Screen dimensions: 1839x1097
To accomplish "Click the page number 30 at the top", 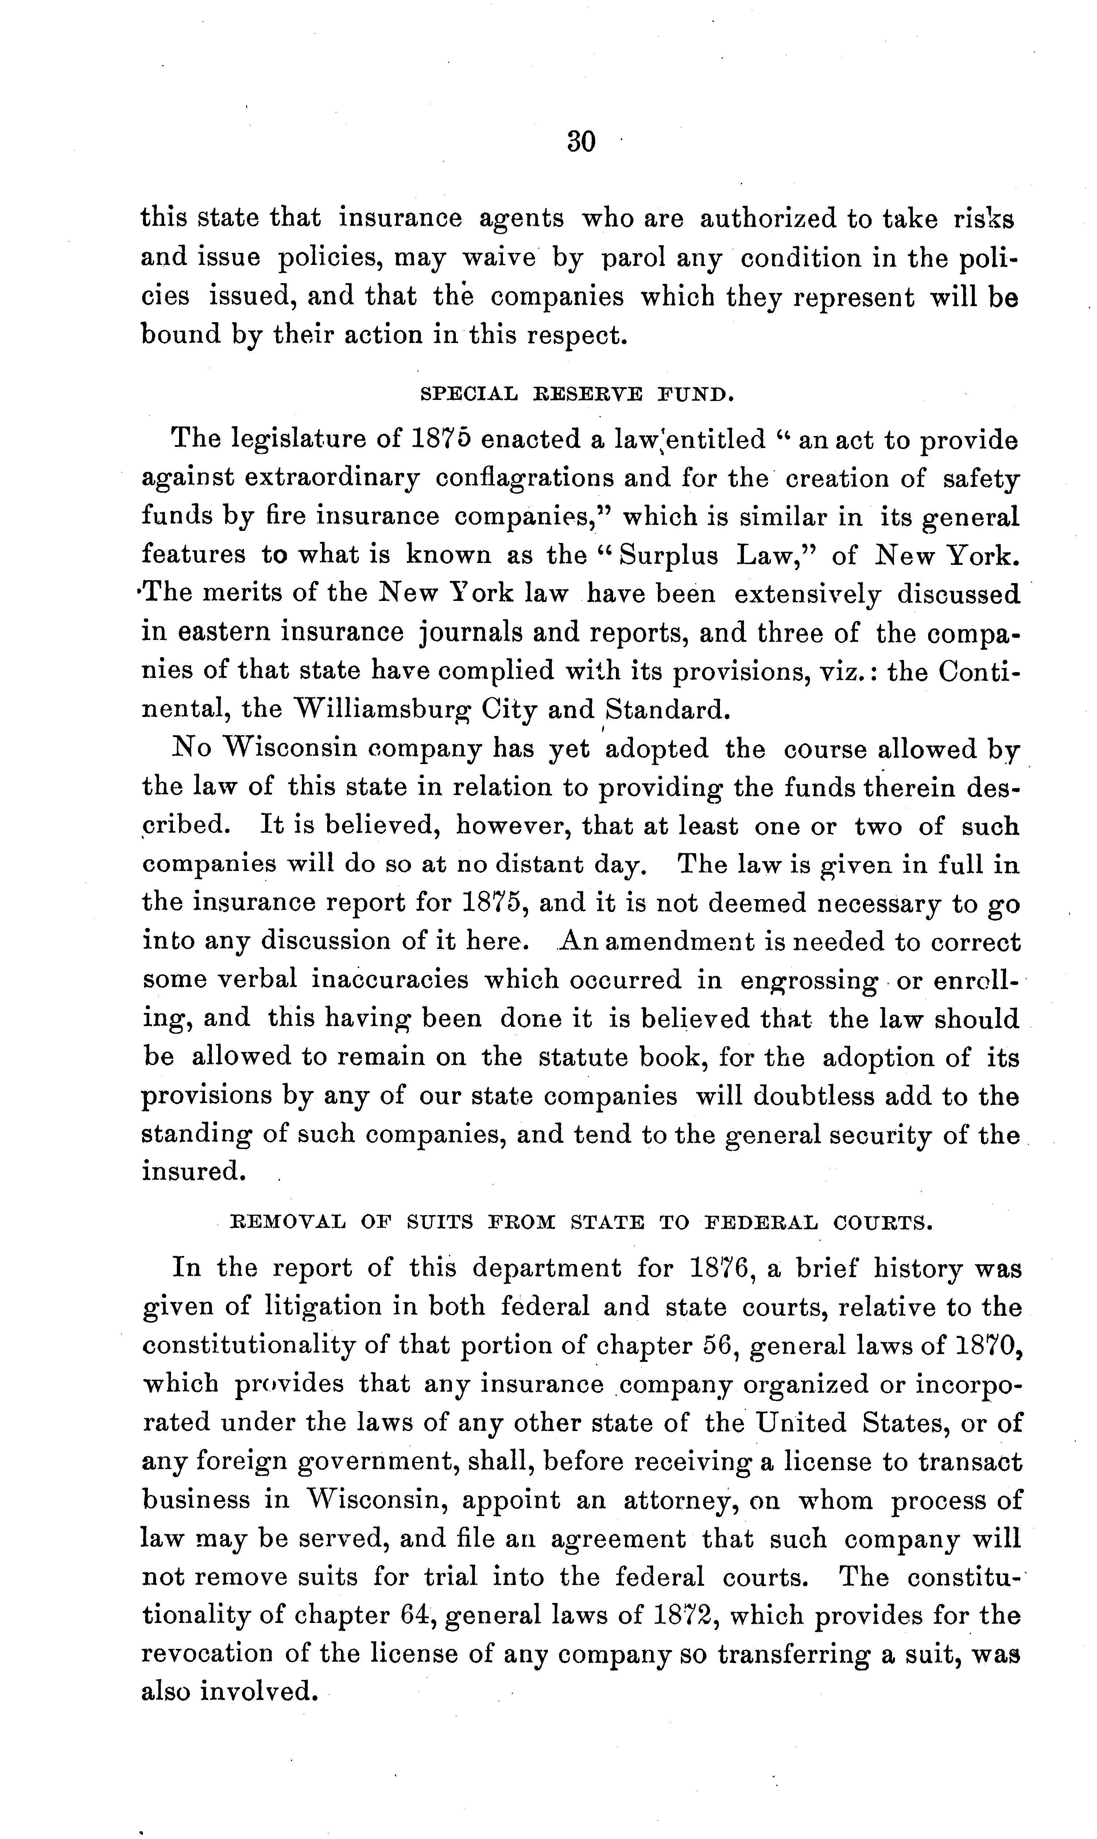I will point(581,140).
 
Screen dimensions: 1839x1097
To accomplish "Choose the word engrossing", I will point(809,981).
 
